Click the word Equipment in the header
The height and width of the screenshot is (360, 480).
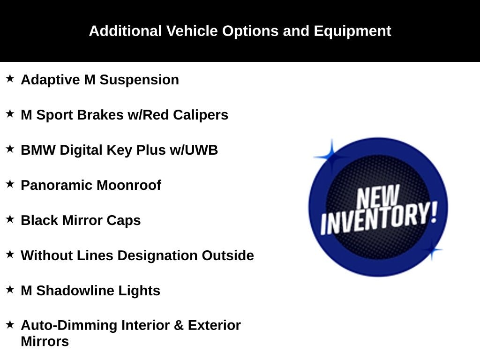(352, 31)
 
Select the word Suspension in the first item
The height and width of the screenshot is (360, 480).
(139, 80)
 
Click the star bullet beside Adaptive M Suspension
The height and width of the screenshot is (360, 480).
(10, 78)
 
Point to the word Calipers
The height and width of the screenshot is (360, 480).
(201, 115)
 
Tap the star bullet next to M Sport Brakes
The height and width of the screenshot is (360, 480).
(10, 113)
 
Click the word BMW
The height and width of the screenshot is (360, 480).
(38, 150)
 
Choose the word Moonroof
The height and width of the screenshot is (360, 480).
(129, 186)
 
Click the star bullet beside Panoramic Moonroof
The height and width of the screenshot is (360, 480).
(10, 184)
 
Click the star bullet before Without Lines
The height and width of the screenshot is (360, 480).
(10, 254)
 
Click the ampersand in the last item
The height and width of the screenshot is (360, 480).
(179, 326)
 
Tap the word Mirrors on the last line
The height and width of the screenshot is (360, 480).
(45, 342)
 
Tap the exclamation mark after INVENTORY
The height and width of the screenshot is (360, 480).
(434, 212)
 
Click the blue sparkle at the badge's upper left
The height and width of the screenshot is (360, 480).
(331, 157)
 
